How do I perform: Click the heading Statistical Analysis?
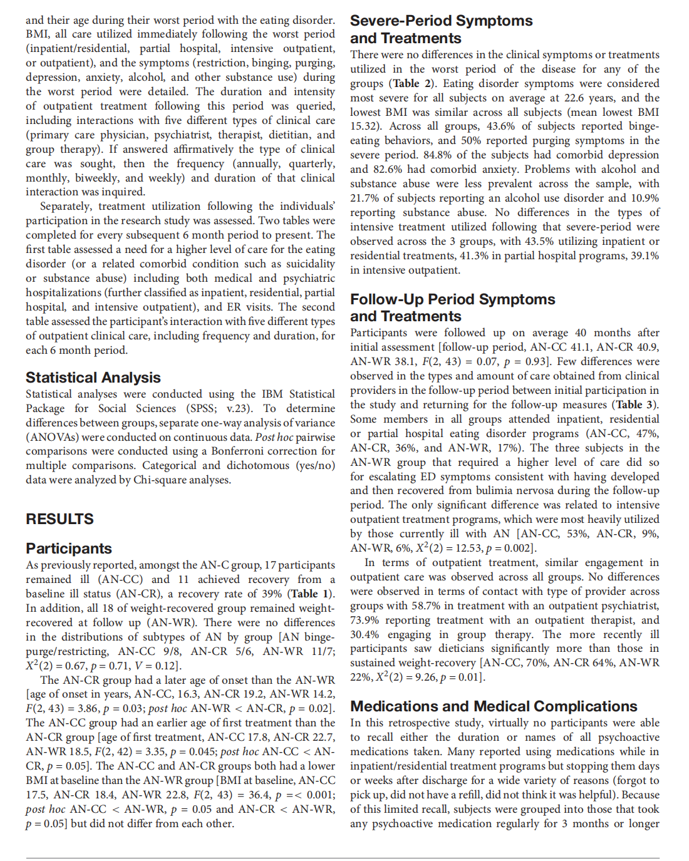tap(93, 378)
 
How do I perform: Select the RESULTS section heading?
tap(60, 519)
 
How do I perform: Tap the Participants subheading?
tap(69, 549)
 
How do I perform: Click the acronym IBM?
tap(272, 394)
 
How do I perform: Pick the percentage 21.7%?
tap(363, 198)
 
